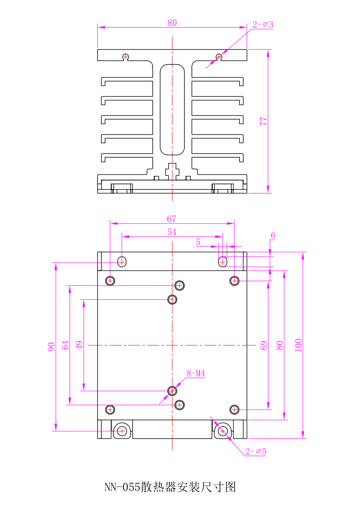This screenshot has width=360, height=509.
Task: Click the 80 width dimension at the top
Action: click(172, 23)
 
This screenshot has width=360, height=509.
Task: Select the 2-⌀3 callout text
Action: click(263, 25)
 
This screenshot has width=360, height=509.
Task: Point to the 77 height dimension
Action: click(263, 121)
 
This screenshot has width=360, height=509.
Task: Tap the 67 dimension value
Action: click(171, 219)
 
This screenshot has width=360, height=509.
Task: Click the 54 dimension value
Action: click(172, 232)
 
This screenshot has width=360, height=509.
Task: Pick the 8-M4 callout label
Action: click(196, 374)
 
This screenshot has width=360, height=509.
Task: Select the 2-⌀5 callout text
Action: click(256, 451)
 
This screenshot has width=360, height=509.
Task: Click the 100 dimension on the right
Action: click(298, 345)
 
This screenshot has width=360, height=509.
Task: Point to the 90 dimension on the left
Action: click(51, 347)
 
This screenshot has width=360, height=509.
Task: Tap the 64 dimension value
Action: click(65, 345)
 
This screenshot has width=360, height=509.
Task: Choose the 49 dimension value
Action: click(79, 345)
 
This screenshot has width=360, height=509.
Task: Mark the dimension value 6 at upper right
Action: click(273, 235)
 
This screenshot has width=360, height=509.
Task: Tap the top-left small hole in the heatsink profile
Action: click(126, 57)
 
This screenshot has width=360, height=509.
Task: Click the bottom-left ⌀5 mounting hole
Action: click(122, 431)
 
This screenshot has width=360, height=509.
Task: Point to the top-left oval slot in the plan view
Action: click(122, 262)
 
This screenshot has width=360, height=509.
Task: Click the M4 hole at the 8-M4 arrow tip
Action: click(172, 390)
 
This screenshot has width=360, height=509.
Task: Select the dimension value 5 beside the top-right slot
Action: click(198, 242)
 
